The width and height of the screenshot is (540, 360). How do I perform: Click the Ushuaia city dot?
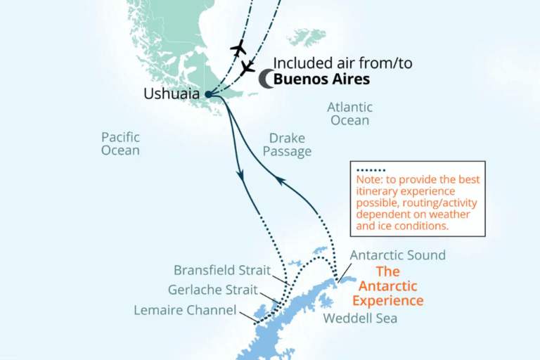[x=207, y=94]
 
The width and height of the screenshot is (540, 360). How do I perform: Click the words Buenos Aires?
[x=321, y=79]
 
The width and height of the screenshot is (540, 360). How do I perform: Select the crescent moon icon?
[x=265, y=79]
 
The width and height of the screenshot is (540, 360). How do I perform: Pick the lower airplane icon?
[x=247, y=67]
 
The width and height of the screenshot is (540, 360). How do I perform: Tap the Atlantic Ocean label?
[x=349, y=114]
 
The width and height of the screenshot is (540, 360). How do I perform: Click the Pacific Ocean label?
[x=120, y=143]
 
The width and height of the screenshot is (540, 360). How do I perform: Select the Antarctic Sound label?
[x=397, y=255]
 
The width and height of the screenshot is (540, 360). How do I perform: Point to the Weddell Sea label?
[x=360, y=319]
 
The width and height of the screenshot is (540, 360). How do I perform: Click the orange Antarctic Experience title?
[x=388, y=286]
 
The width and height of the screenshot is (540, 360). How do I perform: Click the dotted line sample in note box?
[x=371, y=169]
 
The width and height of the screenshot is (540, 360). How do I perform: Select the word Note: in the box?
[x=370, y=179]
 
